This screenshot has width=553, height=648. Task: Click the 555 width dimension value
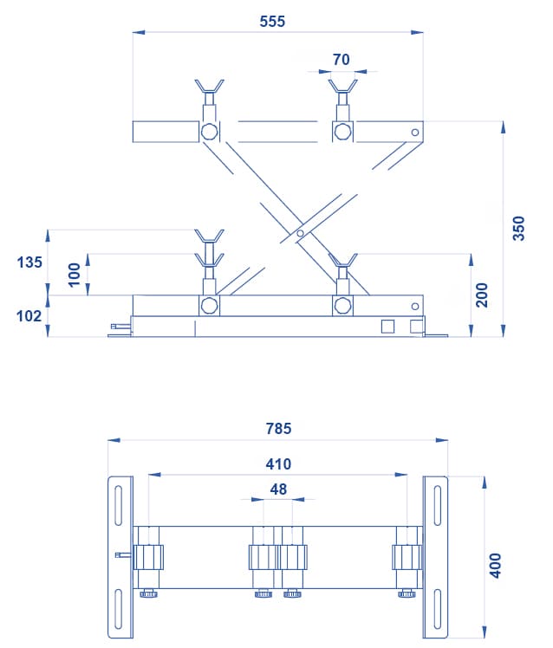tap(272, 21)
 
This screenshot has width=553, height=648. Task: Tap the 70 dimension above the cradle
tap(342, 60)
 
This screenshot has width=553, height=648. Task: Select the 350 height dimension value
tap(518, 228)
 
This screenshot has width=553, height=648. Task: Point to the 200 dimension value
tap(481, 295)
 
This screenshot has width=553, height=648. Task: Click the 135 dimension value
tap(29, 262)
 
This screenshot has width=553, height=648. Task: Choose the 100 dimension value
tap(74, 275)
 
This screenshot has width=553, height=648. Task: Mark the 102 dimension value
tap(29, 316)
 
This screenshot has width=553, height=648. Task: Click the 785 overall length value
tap(278, 429)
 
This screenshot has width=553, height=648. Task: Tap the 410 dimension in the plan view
tap(278, 464)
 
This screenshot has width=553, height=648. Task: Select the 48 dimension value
tap(278, 489)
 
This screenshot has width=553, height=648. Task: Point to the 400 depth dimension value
tap(495, 566)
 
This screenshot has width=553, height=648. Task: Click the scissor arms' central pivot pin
tap(300, 234)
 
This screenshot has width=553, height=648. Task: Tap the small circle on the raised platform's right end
tap(415, 133)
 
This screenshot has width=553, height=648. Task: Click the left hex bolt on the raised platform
tap(209, 132)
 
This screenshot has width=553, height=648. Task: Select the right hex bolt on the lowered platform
tap(342, 306)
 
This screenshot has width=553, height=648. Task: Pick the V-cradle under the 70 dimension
tap(343, 86)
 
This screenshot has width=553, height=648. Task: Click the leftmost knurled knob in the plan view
tap(148, 594)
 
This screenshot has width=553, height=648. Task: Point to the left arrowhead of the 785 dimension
tap(114, 441)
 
